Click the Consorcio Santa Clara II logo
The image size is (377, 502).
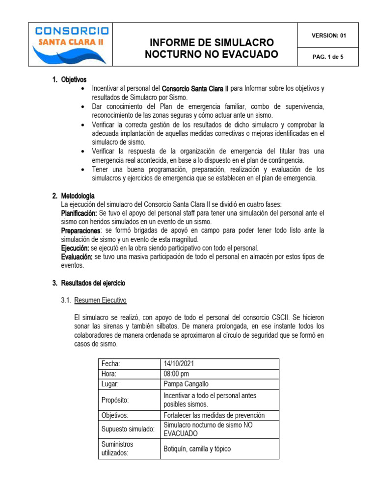[71, 44]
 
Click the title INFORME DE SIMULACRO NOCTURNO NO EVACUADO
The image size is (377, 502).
[211, 48]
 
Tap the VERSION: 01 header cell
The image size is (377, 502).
[328, 36]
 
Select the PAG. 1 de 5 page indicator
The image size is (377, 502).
[328, 57]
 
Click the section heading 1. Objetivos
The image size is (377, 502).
[69, 79]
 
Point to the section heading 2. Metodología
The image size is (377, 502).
[74, 196]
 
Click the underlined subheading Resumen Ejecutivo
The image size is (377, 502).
[101, 300]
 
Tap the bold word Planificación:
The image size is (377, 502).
[79, 213]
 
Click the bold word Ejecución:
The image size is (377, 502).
[75, 248]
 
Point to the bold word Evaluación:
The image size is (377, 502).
[77, 257]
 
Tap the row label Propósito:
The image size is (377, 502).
[115, 400]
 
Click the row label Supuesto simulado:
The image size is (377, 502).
[128, 429]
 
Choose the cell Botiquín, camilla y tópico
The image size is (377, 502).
[197, 449]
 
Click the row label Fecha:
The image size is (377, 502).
[110, 363]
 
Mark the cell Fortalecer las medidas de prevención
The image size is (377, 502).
[214, 415]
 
